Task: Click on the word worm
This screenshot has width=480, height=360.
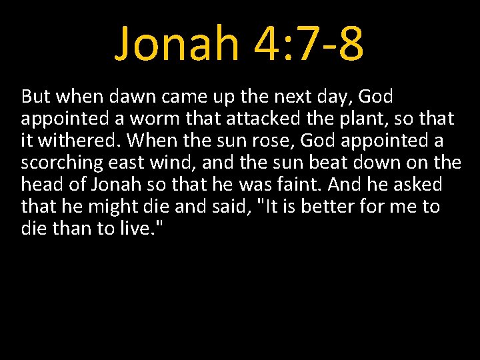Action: [161, 119]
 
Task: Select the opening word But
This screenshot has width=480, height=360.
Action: [36, 97]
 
